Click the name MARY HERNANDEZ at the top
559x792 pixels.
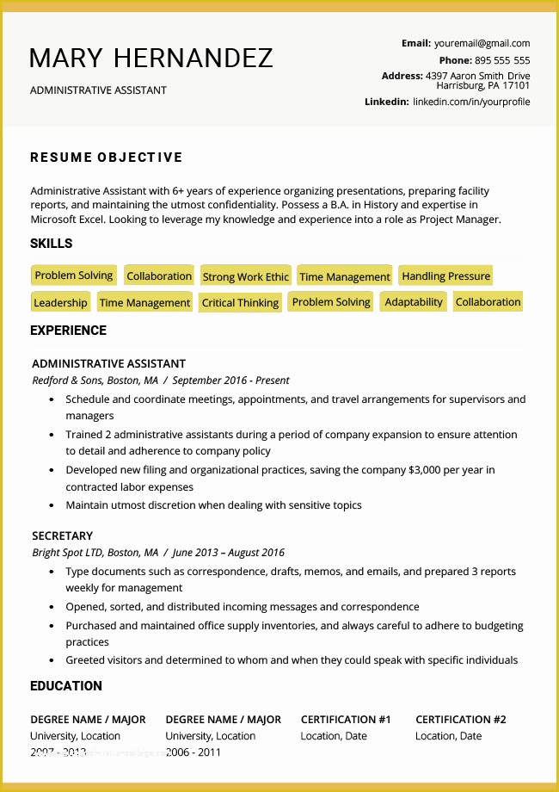coord(151,58)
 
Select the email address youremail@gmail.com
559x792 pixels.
coord(482,43)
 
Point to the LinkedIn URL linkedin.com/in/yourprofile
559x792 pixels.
coord(471,102)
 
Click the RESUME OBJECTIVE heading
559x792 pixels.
coord(107,157)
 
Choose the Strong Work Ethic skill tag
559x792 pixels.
coord(246,276)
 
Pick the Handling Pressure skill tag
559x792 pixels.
coord(445,276)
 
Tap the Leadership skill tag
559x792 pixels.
coord(60,303)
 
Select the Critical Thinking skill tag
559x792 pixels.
coord(240,303)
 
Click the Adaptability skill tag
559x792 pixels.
coord(414,302)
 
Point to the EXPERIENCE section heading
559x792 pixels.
coord(68,331)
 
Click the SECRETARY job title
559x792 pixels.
coord(62,535)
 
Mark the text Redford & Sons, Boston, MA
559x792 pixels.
coord(95,380)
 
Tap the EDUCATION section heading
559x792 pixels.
coord(66,686)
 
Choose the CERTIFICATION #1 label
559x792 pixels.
coord(346,720)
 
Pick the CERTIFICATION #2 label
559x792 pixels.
coord(461,720)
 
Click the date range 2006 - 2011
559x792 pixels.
coord(193,752)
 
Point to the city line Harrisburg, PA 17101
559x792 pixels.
coord(482,86)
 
